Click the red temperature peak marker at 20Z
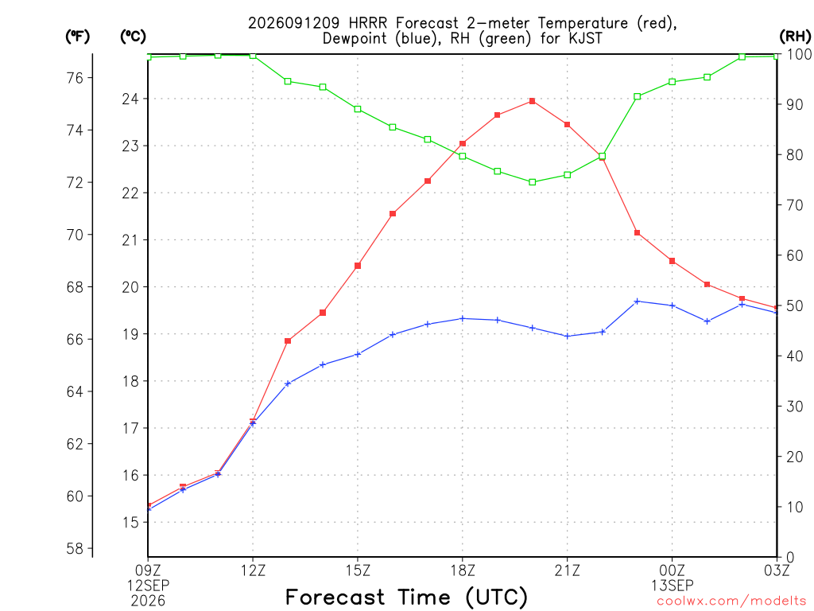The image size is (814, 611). click(532, 101)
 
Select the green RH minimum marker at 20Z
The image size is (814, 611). click(532, 182)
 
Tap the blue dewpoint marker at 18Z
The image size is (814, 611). click(463, 318)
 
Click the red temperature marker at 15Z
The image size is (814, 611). click(358, 266)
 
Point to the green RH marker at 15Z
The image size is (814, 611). click(358, 109)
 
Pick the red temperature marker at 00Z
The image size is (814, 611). click(672, 261)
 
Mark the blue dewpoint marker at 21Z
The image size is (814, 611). click(568, 337)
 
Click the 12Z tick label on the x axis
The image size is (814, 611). click(253, 570)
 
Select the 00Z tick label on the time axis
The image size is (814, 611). click(673, 570)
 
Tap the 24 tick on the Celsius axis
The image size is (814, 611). click(130, 99)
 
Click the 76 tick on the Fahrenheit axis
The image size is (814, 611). click(75, 78)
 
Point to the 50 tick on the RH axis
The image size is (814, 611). click(795, 305)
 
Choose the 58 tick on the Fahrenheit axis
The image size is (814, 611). click(75, 548)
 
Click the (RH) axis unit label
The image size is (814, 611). click(795, 36)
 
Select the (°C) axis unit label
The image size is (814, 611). click(133, 36)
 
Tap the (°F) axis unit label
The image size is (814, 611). click(77, 36)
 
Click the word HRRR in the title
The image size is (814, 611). click(367, 23)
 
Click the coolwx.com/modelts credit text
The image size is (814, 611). click(731, 601)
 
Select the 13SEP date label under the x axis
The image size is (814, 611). click(673, 586)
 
